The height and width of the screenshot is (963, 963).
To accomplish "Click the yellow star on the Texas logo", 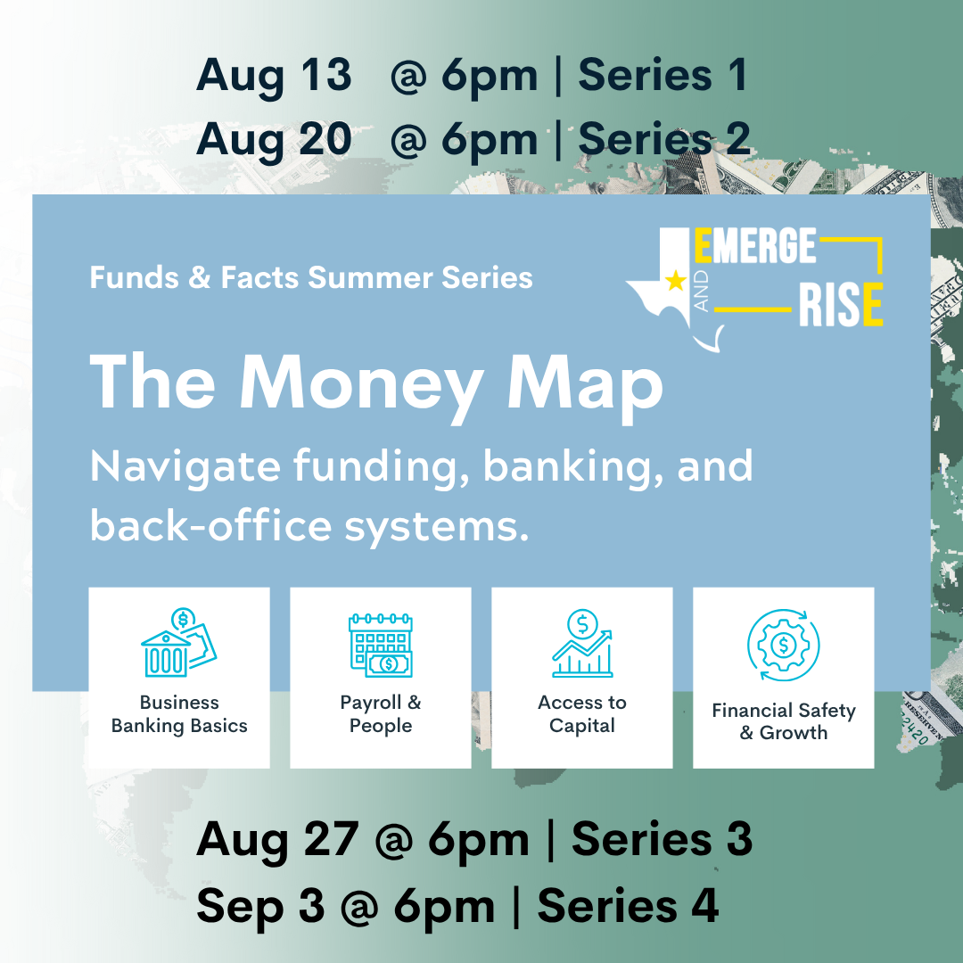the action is [676, 281].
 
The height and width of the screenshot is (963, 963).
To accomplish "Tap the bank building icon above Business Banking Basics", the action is [178, 642].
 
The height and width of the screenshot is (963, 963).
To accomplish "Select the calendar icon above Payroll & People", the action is [381, 645].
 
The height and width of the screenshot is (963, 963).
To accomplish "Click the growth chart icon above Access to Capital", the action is [582, 643].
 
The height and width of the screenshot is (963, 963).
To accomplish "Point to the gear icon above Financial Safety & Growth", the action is [783, 645].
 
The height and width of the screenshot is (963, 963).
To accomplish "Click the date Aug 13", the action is [274, 76].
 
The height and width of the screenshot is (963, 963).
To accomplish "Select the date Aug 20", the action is [274, 139].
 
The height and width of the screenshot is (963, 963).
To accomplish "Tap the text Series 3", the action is [662, 838].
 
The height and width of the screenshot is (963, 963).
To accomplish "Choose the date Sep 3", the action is [259, 906].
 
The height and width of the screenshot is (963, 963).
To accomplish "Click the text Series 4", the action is [628, 905].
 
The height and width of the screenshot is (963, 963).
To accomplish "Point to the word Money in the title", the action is [360, 387].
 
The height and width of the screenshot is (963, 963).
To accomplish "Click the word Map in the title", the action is [585, 388].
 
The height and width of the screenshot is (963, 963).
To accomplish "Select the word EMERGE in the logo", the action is [755, 245].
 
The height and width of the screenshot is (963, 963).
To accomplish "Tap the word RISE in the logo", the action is [841, 304].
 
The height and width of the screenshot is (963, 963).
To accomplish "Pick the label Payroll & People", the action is [381, 713].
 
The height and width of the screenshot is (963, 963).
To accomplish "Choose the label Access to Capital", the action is [582, 713].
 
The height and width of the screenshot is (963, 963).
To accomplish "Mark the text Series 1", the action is [663, 76].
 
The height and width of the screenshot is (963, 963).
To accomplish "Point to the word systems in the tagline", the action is [437, 526].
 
